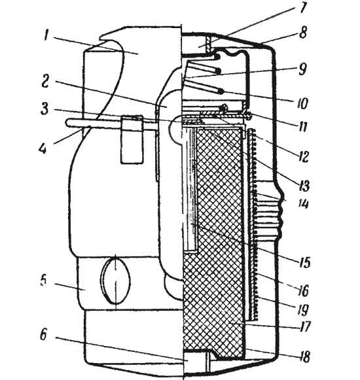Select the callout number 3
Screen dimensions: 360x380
[45, 109]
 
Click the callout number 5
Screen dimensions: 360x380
[43, 281]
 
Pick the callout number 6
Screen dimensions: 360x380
[43, 335]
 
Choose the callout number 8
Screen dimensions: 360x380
[303, 33]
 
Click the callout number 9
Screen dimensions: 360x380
[302, 69]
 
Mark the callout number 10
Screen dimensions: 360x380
[302, 103]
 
